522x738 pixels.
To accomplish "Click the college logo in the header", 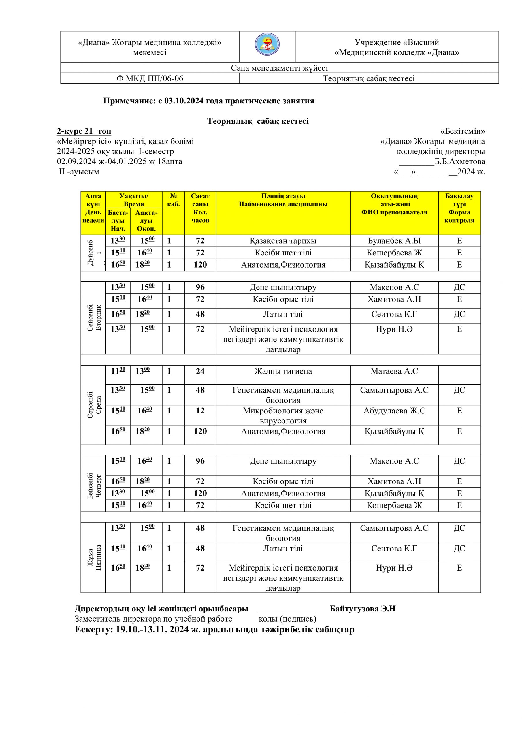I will click(x=267, y=45).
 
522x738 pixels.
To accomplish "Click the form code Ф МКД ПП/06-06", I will click(x=150, y=78).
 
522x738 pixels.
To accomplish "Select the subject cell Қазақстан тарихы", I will click(x=283, y=241).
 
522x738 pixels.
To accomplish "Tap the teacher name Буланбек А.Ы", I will click(x=394, y=241).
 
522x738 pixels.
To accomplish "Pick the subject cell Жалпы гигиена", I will click(x=283, y=371).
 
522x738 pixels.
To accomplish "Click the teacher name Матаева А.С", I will click(x=394, y=371).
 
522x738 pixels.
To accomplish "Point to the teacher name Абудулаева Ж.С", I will click(x=394, y=411).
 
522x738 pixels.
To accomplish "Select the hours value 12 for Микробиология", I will click(x=200, y=411).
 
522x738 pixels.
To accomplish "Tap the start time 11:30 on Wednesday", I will click(x=118, y=371).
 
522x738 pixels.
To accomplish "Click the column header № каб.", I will click(x=173, y=200).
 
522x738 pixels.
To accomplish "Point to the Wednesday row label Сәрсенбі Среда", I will click(x=94, y=405).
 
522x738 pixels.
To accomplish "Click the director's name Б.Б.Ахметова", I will click(x=460, y=161).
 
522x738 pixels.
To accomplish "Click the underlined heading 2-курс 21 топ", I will click(x=84, y=131).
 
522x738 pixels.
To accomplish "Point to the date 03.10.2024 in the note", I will click(x=184, y=101).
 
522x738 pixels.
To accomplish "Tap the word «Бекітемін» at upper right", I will click(x=463, y=131).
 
